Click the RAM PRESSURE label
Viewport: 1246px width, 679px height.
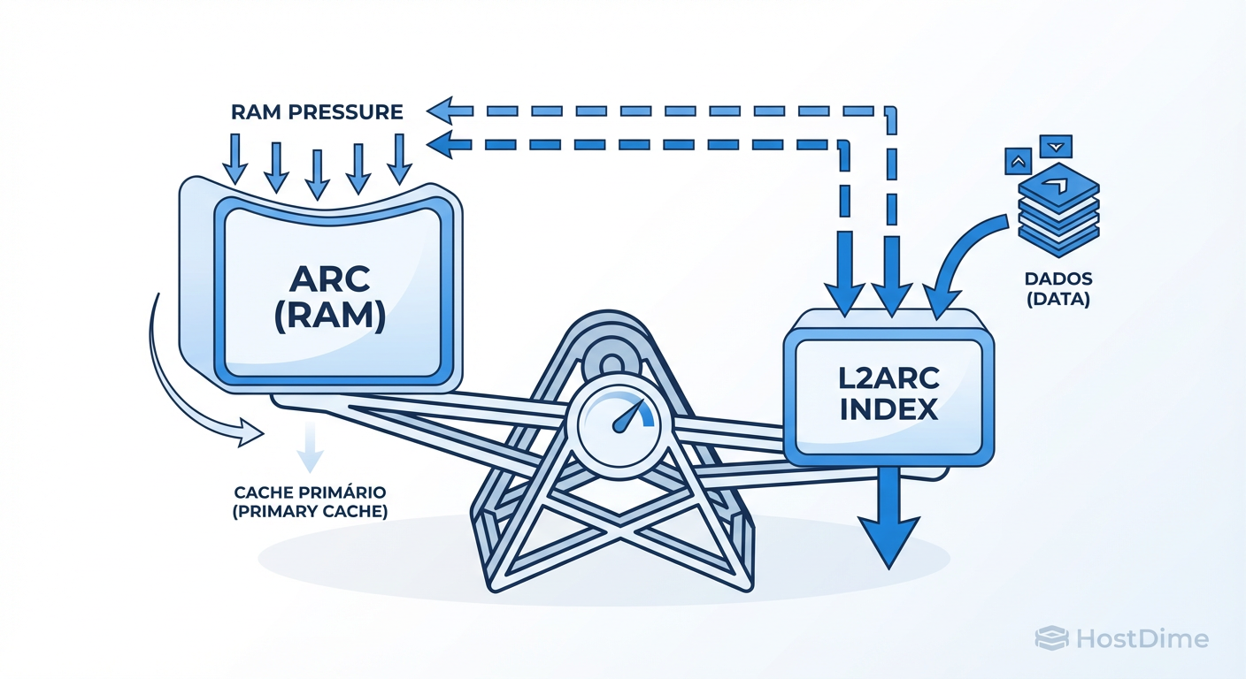click(x=317, y=112)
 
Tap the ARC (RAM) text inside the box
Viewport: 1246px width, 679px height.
click(x=328, y=295)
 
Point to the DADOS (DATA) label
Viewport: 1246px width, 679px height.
click(x=1058, y=289)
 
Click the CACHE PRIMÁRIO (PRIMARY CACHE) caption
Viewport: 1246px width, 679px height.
click(x=311, y=501)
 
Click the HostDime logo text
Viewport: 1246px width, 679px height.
click(x=1142, y=638)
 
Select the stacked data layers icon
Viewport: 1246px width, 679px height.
click(x=1058, y=208)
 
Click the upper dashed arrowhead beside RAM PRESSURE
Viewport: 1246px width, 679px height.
click(x=440, y=111)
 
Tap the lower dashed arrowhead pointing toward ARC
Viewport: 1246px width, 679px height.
click(x=440, y=142)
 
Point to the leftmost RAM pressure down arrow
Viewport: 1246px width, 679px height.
click(x=235, y=159)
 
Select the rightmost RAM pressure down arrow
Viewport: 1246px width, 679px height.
click(x=399, y=159)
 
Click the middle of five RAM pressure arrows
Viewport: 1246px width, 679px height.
click(x=317, y=172)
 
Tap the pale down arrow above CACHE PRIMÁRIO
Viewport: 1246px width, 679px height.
click(x=309, y=447)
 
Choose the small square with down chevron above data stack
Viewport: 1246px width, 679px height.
click(x=1057, y=145)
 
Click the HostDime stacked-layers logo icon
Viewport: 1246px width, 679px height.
click(x=1051, y=638)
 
